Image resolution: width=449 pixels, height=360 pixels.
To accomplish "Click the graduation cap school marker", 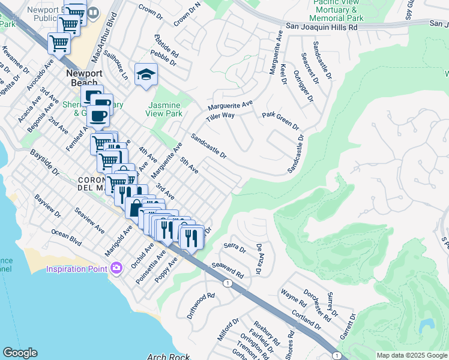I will (145, 74).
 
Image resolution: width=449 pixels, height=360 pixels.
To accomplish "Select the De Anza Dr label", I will (259, 259).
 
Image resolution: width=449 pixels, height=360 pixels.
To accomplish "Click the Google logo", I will (20, 353).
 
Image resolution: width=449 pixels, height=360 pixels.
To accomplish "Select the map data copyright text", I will (411, 355).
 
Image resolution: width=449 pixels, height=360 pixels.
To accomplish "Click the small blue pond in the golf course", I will (427, 326).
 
